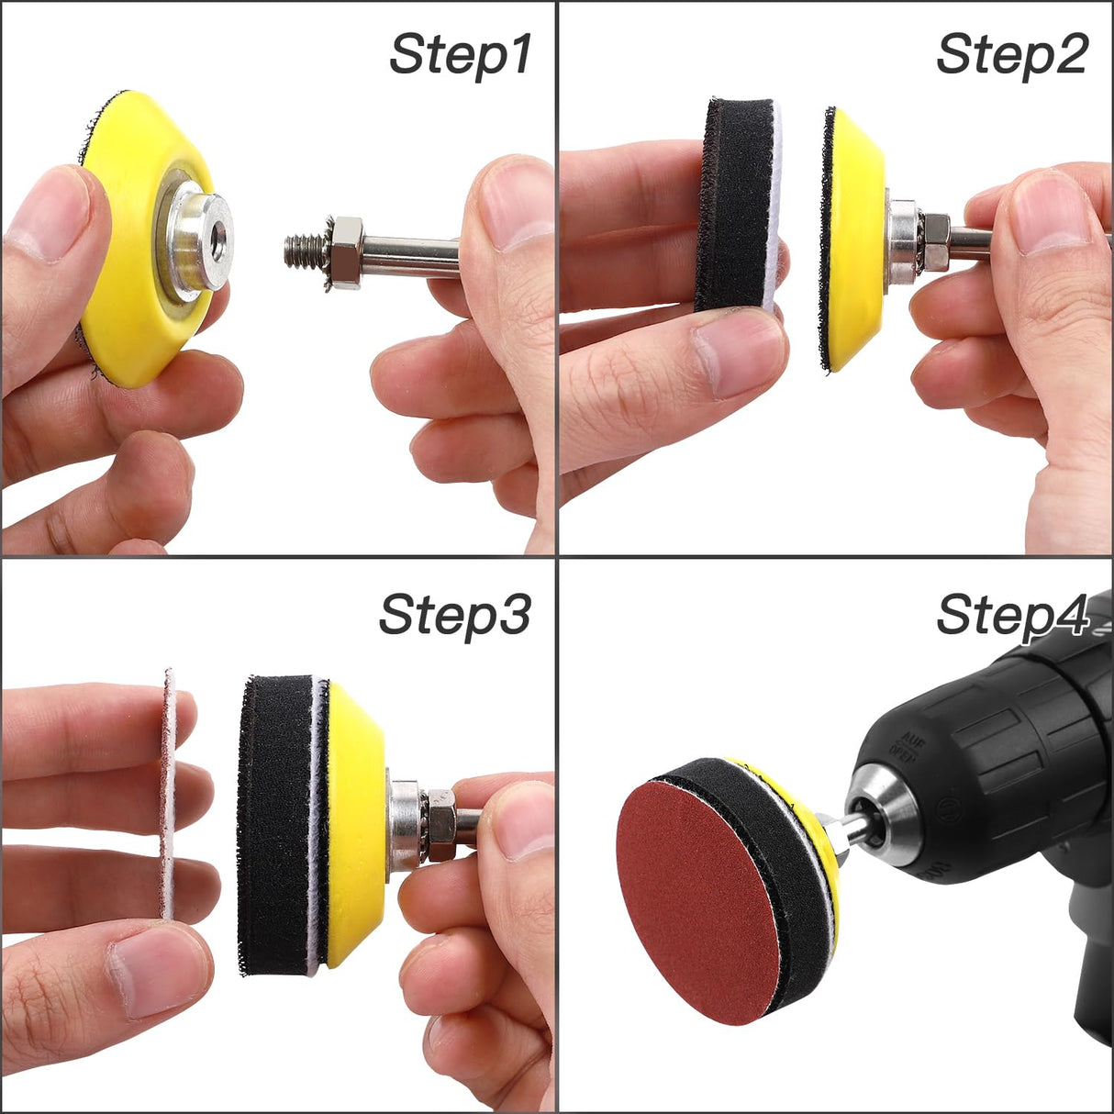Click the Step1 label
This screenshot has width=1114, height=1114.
(x=460, y=55)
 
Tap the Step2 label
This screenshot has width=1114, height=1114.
(x=1011, y=55)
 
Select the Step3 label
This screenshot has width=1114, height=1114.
(x=455, y=616)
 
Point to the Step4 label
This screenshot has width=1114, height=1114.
(x=1011, y=616)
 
